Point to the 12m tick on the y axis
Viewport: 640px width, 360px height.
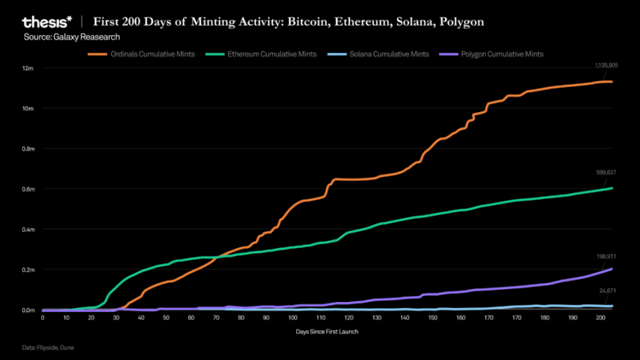(x=28, y=68)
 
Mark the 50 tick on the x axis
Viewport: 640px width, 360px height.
(x=167, y=317)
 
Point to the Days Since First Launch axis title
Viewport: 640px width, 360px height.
(x=327, y=332)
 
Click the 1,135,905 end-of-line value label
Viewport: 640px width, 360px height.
(x=604, y=65)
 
